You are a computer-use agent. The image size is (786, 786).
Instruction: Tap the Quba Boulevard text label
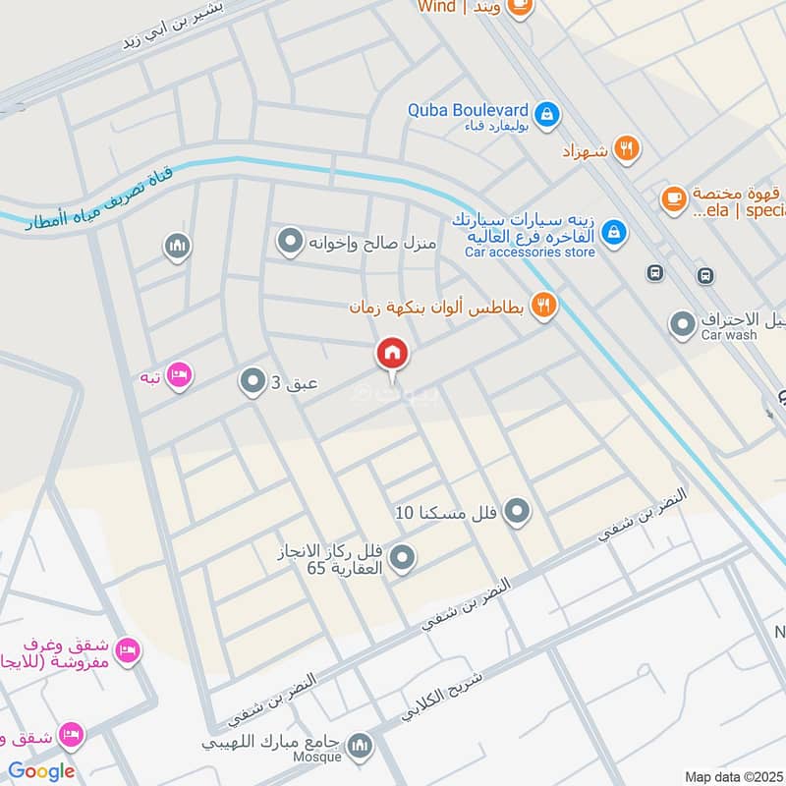[x=469, y=110]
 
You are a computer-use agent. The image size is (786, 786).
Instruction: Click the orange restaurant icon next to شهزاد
[x=626, y=149]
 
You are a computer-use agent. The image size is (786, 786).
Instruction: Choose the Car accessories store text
[x=531, y=253]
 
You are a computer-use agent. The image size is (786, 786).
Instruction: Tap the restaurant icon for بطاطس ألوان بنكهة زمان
[x=542, y=306]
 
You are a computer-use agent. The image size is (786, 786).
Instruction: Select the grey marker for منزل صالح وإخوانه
[x=289, y=240]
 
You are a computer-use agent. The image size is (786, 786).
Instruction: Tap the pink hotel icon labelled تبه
[x=178, y=376]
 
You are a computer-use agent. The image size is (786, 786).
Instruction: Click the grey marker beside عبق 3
[x=253, y=381]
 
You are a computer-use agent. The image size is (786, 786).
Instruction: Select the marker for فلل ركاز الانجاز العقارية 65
[x=401, y=559]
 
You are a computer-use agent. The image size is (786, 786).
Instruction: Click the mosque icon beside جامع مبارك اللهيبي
[x=361, y=745]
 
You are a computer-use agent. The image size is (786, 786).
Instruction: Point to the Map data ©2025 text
[x=732, y=776]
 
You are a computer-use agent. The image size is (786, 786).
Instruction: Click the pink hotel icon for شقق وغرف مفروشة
[x=128, y=650]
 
